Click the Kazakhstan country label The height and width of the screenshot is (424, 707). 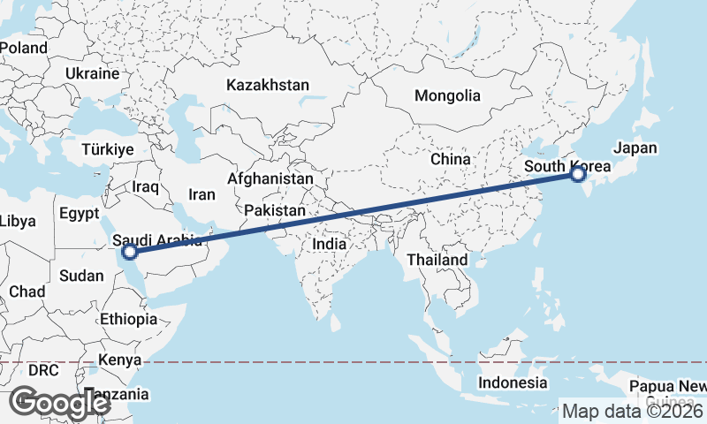pyautogui.click(x=268, y=86)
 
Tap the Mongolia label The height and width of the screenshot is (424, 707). pyautogui.click(x=447, y=96)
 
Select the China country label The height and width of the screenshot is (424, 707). pyautogui.click(x=449, y=160)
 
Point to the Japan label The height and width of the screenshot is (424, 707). pyautogui.click(x=635, y=148)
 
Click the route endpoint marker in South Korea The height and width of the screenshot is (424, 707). pyautogui.click(x=577, y=174)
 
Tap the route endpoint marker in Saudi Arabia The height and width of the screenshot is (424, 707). pyautogui.click(x=130, y=252)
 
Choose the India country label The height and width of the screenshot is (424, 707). pyautogui.click(x=330, y=244)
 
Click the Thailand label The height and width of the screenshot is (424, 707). pyautogui.click(x=437, y=261)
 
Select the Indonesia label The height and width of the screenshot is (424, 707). pyautogui.click(x=513, y=382)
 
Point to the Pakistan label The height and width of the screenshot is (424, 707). pyautogui.click(x=276, y=211)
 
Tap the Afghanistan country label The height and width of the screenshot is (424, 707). pyautogui.click(x=270, y=178)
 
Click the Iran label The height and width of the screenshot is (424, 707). pyautogui.click(x=202, y=195)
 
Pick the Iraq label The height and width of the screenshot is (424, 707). pyautogui.click(x=145, y=187)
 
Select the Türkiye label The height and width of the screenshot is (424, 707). pyautogui.click(x=108, y=150)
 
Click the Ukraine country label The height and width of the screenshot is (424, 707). pyautogui.click(x=91, y=74)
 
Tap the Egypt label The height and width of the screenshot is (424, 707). pyautogui.click(x=80, y=214)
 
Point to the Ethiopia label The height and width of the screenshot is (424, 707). pyautogui.click(x=128, y=319)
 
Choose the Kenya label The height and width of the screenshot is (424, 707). pyautogui.click(x=120, y=360)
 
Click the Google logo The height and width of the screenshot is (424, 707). pyautogui.click(x=59, y=403)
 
